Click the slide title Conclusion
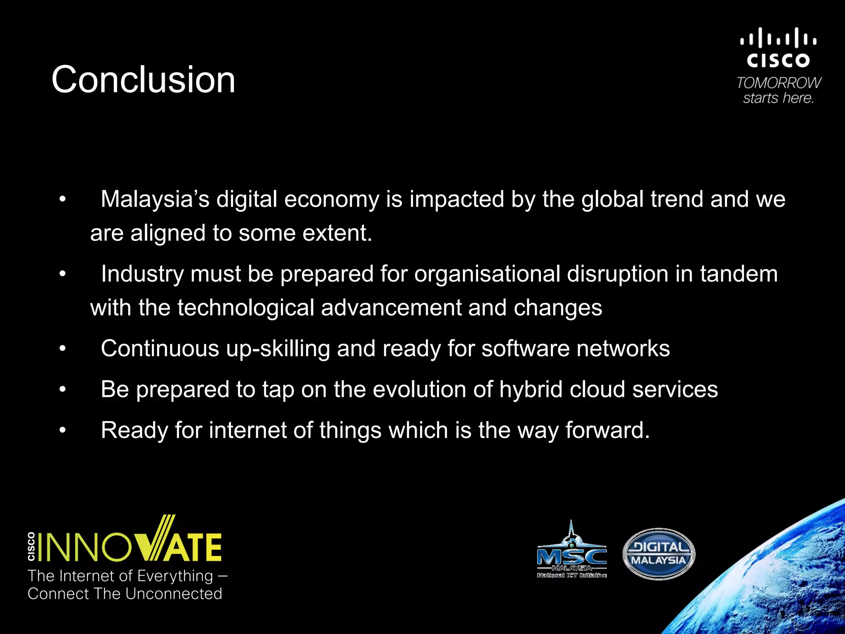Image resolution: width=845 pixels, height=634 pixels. pyautogui.click(x=143, y=79)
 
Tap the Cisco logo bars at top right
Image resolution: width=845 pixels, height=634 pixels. pyautogui.click(x=778, y=38)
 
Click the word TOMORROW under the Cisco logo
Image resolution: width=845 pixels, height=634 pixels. pyautogui.click(x=779, y=83)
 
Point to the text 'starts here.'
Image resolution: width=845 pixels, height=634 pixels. pyautogui.click(x=778, y=98)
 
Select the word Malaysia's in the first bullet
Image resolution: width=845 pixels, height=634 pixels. pyautogui.click(x=155, y=199)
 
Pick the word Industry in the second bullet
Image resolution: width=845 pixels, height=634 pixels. pyautogui.click(x=142, y=274)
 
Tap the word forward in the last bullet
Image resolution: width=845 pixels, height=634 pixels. pyautogui.click(x=607, y=430)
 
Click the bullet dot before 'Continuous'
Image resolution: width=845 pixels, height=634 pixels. pyautogui.click(x=62, y=349)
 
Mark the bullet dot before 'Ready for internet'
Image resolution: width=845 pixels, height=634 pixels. pyautogui.click(x=62, y=431)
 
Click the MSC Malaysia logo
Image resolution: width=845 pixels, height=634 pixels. pyautogui.click(x=571, y=551)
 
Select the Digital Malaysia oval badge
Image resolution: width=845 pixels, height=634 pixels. pyautogui.click(x=659, y=554)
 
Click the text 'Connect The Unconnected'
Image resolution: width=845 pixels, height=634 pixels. pyautogui.click(x=125, y=594)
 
